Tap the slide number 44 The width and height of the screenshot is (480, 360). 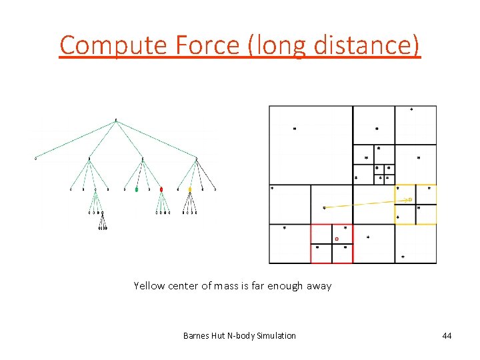pos(446,335)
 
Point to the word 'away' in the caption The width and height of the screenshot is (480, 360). pos(319,286)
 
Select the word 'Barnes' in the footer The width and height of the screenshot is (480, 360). pos(195,335)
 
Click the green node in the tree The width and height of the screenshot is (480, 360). pos(137,189)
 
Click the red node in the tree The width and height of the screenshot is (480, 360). pos(161,189)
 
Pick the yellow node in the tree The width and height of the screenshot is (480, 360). pos(189,189)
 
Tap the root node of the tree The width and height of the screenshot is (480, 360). pos(116,121)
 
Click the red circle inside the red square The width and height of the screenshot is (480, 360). pos(337,239)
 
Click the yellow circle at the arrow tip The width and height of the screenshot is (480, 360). pos(410,199)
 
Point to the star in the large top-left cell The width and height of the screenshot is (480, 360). pos(295,129)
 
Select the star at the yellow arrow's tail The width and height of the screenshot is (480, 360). pos(324,208)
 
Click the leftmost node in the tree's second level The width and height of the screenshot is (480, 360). pos(36,159)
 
